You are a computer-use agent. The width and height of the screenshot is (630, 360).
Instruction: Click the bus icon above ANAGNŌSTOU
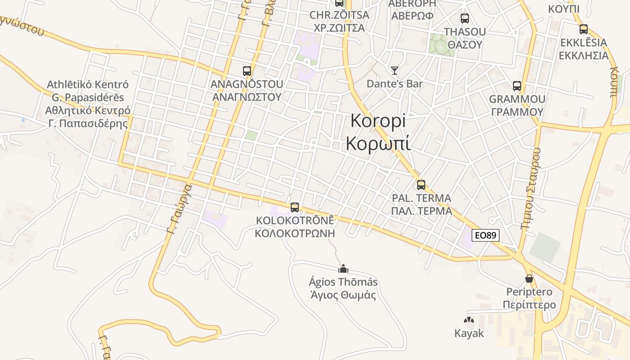click(247, 71)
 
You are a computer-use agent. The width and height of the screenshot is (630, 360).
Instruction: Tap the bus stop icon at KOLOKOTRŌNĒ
click(295, 207)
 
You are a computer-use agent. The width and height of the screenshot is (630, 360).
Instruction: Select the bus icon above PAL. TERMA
click(421, 184)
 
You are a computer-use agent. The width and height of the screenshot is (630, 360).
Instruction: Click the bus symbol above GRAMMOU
click(517, 85)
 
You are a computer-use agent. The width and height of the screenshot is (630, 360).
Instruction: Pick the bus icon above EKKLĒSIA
click(584, 29)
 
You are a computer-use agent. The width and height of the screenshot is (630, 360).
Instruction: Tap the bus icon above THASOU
click(465, 18)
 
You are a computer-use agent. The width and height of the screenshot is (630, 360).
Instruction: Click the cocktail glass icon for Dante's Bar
click(395, 70)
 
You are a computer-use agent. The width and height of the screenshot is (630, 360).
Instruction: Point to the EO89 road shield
click(486, 235)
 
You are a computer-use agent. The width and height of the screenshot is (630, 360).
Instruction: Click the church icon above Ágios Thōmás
click(343, 269)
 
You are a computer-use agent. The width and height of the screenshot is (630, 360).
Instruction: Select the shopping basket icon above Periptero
click(529, 279)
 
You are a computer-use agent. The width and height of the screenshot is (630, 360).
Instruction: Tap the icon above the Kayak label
click(469, 320)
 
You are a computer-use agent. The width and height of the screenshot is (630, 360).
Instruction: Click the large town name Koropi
click(378, 121)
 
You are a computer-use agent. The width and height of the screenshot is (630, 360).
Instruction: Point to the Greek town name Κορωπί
click(378, 143)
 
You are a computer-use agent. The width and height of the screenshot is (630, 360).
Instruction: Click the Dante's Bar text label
click(395, 84)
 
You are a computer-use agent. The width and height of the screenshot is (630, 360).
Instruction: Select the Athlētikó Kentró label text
click(88, 85)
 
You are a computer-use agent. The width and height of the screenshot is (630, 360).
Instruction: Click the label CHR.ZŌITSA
click(339, 15)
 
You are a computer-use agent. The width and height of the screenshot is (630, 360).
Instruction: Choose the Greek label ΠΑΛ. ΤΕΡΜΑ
click(421, 211)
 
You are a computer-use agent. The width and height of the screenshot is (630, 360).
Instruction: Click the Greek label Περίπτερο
click(529, 305)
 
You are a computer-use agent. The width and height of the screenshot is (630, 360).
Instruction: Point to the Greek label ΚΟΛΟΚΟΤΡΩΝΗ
click(295, 233)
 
